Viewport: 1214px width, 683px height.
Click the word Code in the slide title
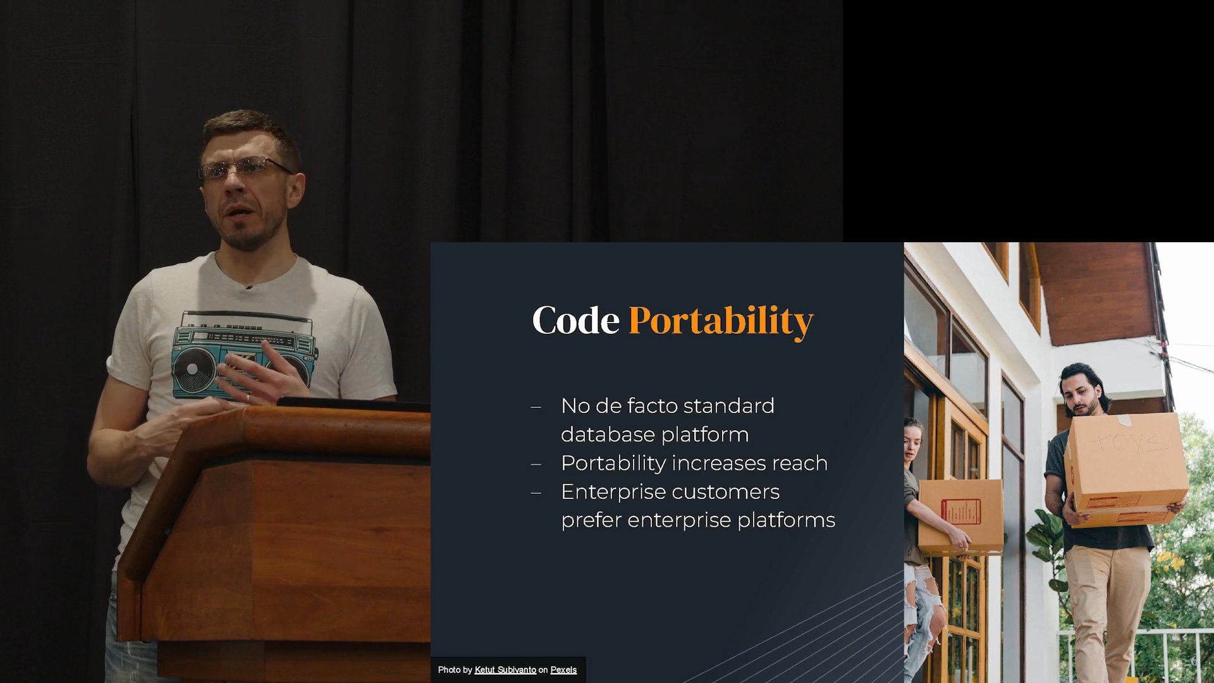pos(575,320)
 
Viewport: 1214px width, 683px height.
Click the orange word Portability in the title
pos(721,322)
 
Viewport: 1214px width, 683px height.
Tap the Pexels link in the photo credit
pos(563,670)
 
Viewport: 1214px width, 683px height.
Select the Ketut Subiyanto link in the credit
pos(505,670)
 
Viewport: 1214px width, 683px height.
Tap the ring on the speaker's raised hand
pos(248,397)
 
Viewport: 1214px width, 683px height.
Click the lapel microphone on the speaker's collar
pos(249,288)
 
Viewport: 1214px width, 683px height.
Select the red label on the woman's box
pos(960,511)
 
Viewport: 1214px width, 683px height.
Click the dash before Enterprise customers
pos(536,493)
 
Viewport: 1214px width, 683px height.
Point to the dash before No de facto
pos(536,407)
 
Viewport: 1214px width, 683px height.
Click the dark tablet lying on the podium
pos(354,404)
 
